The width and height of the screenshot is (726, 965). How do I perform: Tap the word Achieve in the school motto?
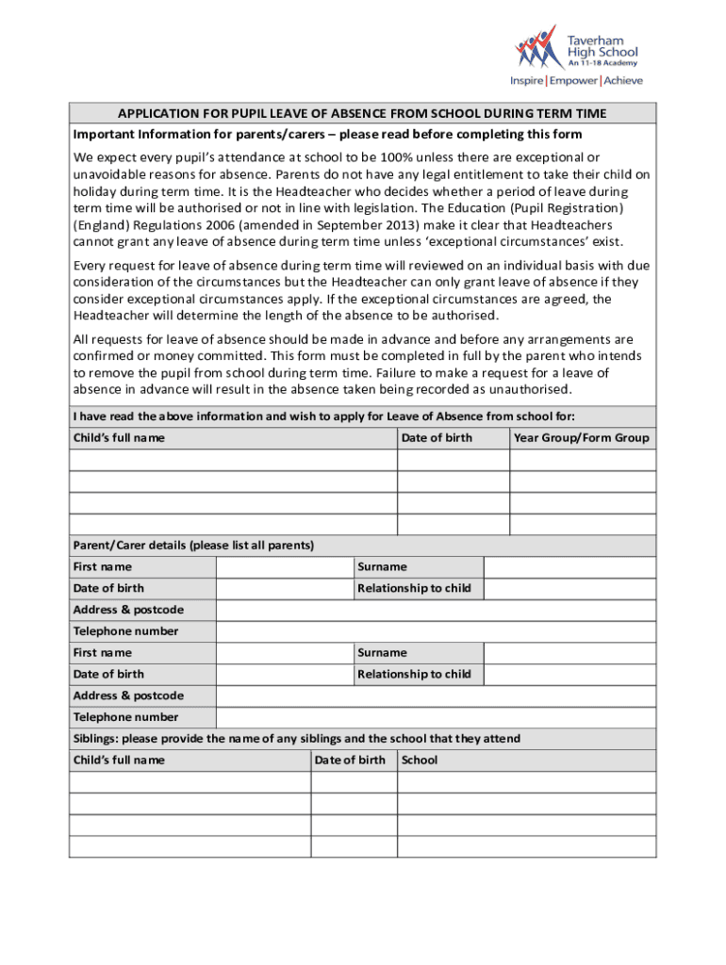(x=623, y=81)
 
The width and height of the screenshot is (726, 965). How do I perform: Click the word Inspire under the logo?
(x=527, y=81)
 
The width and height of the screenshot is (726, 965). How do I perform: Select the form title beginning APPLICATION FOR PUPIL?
(x=362, y=114)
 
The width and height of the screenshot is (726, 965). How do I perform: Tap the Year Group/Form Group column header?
(x=582, y=438)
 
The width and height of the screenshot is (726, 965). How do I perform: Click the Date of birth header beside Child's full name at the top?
(x=437, y=438)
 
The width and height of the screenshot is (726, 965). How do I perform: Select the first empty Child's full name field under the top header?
(x=232, y=460)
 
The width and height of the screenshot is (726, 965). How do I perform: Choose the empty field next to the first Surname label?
(x=569, y=567)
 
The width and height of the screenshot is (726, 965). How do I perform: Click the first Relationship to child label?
(x=414, y=589)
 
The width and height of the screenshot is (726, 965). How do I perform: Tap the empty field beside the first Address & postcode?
(x=436, y=611)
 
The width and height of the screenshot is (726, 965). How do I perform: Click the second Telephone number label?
(x=125, y=717)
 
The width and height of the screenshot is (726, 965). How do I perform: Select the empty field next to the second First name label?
(x=285, y=653)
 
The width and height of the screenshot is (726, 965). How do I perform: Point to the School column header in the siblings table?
(x=420, y=761)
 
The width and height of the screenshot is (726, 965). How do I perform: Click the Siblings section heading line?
(x=296, y=739)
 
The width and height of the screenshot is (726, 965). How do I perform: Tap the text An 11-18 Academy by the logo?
(x=602, y=63)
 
